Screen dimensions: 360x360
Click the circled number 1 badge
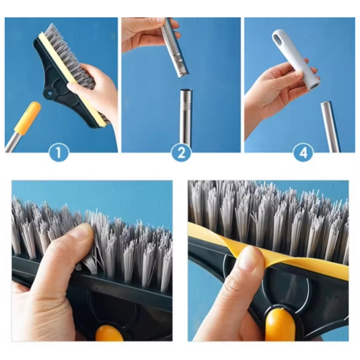(x=59, y=152)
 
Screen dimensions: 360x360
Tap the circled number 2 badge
(x=181, y=152)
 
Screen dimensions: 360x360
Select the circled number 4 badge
(x=303, y=152)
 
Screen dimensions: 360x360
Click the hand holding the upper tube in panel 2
(x=147, y=33)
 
